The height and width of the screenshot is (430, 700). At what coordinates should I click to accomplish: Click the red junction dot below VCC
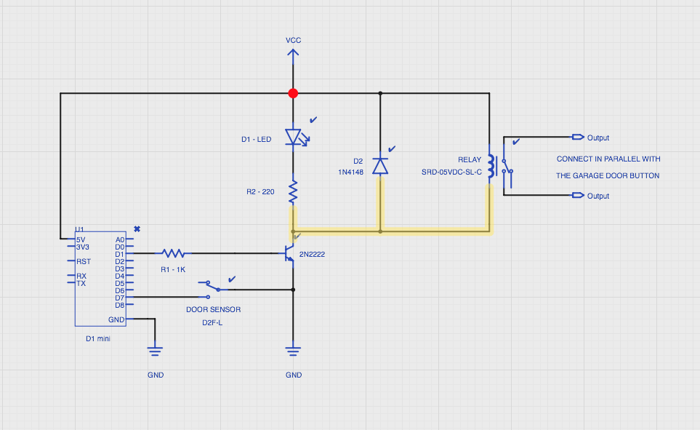click(293, 93)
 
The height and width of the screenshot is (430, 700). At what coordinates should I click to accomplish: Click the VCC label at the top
click(294, 40)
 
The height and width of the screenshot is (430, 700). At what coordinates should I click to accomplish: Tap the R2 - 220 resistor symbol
click(293, 191)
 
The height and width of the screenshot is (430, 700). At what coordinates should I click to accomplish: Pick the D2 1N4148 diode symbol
click(380, 166)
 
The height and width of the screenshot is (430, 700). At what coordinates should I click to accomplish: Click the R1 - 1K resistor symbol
click(173, 253)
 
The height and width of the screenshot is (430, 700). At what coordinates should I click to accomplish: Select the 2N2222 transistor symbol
click(289, 253)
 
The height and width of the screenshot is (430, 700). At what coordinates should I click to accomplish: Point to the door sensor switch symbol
click(214, 289)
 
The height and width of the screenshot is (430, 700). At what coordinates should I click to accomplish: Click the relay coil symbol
click(491, 166)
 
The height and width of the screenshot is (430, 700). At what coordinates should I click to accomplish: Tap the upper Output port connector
click(578, 137)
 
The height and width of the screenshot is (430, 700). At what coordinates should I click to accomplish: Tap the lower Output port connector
click(578, 195)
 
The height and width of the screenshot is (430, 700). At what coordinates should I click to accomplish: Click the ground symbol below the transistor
click(293, 351)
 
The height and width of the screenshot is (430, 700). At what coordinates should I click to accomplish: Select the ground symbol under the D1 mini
click(155, 351)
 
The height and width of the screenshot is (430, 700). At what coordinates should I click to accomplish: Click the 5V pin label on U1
click(81, 239)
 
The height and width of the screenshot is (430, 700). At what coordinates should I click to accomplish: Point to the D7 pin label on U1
click(119, 298)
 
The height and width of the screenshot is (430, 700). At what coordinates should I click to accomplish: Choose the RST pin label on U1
click(84, 261)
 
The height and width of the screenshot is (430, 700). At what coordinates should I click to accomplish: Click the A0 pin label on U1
click(120, 239)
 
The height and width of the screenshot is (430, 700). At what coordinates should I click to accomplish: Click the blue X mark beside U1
click(137, 229)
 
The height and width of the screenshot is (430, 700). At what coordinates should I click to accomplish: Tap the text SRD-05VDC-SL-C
click(451, 172)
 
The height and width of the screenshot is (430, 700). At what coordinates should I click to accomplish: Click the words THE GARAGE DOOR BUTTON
click(608, 175)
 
